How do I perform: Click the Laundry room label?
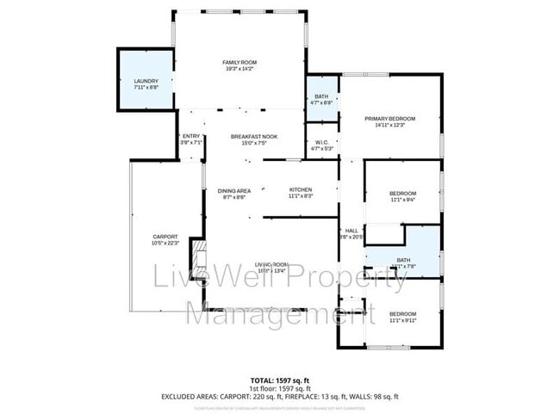coord(146,81)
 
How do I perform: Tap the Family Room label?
coord(240,63)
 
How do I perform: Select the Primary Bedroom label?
coord(389,118)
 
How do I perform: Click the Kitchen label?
coord(300,190)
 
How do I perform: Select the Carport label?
coord(165,237)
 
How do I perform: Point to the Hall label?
coord(352,231)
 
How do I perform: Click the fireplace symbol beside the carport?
coord(199,255)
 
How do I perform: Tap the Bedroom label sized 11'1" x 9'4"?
coord(403,193)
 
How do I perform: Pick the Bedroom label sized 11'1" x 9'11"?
coord(402,313)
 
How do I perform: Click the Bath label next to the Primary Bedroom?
coord(320,96)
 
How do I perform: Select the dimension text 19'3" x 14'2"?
coord(240,71)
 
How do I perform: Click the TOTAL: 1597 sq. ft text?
coord(279,380)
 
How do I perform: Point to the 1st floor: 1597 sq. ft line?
coord(279,388)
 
